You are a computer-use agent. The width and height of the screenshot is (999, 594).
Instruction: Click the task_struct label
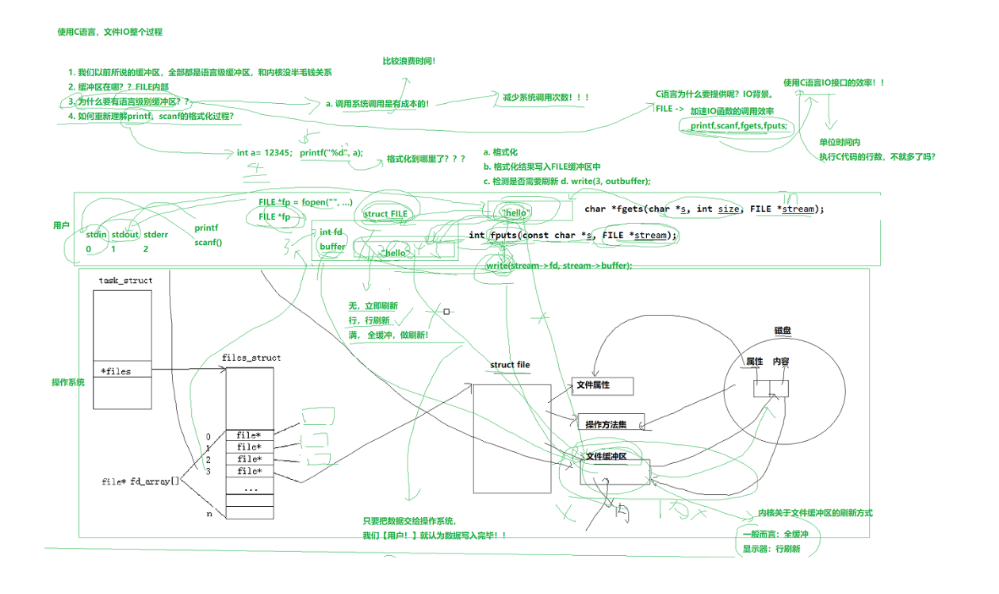(126, 281)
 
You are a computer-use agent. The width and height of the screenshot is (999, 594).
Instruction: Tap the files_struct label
(251, 358)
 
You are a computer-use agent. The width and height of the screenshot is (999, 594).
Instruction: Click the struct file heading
(510, 365)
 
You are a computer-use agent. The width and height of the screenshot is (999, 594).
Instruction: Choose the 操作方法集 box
(610, 424)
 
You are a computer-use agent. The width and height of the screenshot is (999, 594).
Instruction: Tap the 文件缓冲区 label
(607, 457)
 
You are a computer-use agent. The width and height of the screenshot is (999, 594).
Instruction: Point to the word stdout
(125, 235)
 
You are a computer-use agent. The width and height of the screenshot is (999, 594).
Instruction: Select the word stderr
(156, 235)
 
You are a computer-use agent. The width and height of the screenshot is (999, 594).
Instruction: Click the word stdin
(96, 235)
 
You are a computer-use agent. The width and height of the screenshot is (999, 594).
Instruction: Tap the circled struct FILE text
(385, 213)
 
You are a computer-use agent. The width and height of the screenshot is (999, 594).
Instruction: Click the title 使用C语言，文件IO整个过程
(110, 32)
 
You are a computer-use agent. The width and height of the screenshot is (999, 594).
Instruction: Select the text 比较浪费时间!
(409, 61)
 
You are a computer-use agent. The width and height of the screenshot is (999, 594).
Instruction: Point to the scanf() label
(209, 243)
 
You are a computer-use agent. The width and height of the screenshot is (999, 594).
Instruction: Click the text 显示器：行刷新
(771, 548)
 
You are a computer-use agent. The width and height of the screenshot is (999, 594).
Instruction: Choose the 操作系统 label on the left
(68, 383)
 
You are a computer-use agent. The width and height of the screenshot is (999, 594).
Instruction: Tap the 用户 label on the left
(61, 226)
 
